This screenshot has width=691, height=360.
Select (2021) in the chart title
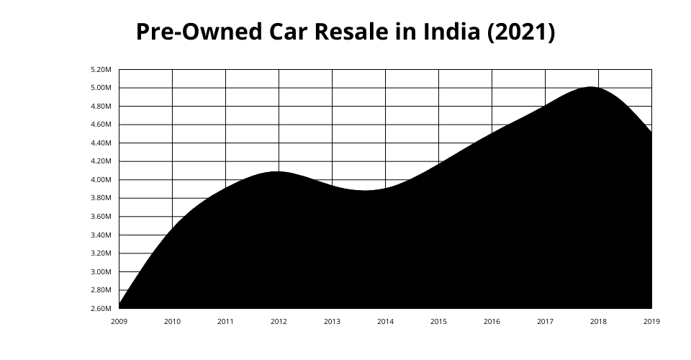click(x=521, y=32)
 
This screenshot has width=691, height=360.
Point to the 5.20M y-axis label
click(x=101, y=70)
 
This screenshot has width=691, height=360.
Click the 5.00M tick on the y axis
click(x=101, y=88)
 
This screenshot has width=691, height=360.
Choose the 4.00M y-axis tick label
click(x=101, y=180)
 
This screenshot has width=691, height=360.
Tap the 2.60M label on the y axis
click(x=101, y=309)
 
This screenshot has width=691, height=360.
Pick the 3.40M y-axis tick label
click(x=101, y=235)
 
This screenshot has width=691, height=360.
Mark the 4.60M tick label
click(x=101, y=125)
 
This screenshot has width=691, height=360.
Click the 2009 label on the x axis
click(x=119, y=322)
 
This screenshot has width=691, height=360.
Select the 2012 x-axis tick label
click(x=279, y=322)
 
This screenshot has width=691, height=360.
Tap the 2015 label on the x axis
click(x=438, y=322)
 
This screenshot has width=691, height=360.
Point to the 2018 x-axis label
click(x=598, y=322)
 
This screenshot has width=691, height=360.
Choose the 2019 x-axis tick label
click(x=651, y=322)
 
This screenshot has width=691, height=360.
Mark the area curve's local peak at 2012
click(x=278, y=172)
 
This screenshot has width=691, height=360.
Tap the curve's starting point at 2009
click(x=119, y=305)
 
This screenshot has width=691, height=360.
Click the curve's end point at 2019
click(x=651, y=132)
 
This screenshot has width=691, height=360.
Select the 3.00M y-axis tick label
click(x=101, y=272)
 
